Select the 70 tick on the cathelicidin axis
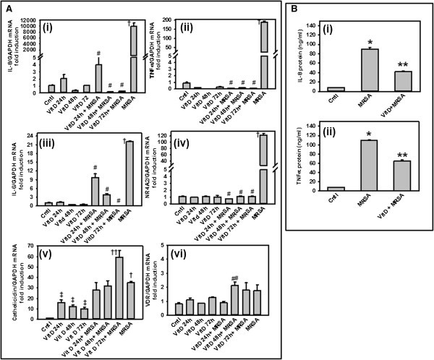pos(32,248)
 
